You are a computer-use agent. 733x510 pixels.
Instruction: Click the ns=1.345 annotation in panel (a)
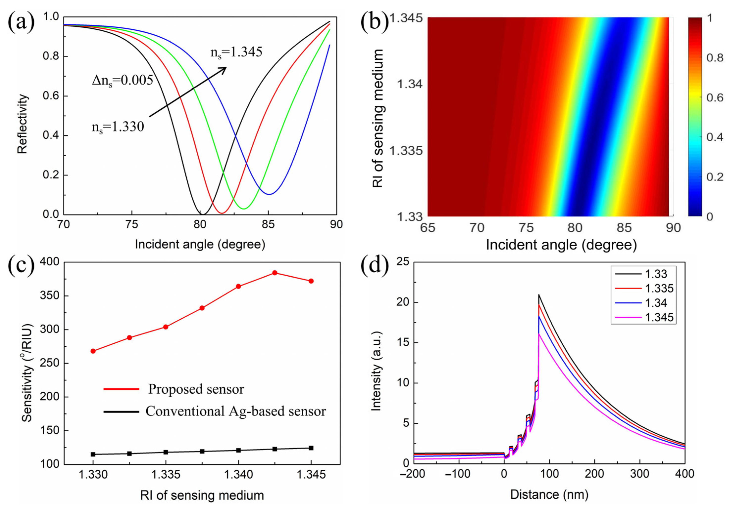236,52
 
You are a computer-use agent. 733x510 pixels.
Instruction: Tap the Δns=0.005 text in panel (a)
122,80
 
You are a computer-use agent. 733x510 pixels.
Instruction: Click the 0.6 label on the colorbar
714,97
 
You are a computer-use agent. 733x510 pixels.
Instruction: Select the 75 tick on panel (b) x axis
526,228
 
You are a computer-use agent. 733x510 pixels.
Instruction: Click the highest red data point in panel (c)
275,273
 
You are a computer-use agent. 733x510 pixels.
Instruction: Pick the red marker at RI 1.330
93,351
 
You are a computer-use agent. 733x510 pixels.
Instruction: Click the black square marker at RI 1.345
311,448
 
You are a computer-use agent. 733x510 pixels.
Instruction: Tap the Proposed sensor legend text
196,389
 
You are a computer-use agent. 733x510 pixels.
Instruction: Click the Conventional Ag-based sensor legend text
236,411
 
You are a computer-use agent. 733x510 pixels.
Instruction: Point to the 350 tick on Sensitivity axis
50,296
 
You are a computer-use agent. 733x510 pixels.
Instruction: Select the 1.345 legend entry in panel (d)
659,317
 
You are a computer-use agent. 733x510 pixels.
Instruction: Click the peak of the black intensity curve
539,295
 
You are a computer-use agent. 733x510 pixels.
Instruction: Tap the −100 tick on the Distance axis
458,474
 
